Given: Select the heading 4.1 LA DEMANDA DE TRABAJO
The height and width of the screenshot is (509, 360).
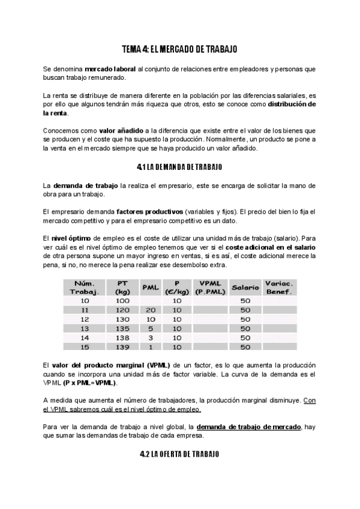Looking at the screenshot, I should (x=180, y=166).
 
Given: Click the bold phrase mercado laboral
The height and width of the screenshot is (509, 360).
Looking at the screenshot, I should (x=110, y=69).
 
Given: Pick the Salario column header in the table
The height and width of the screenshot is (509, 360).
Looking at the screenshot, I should (x=245, y=288).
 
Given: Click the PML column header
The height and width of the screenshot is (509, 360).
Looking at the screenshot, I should (x=149, y=288).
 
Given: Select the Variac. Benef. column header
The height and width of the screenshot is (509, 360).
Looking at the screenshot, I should (x=279, y=287).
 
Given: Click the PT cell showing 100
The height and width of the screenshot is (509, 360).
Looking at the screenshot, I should (x=122, y=300).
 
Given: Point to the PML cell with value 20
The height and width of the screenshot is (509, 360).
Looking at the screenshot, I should (x=150, y=310).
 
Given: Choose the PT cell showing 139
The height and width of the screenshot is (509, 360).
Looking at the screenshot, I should (x=122, y=347).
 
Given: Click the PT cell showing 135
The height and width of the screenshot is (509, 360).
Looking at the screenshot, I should (x=122, y=328).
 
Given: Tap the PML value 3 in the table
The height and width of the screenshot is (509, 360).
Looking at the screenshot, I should (x=150, y=337).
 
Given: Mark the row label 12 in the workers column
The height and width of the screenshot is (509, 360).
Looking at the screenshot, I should (x=85, y=319).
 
